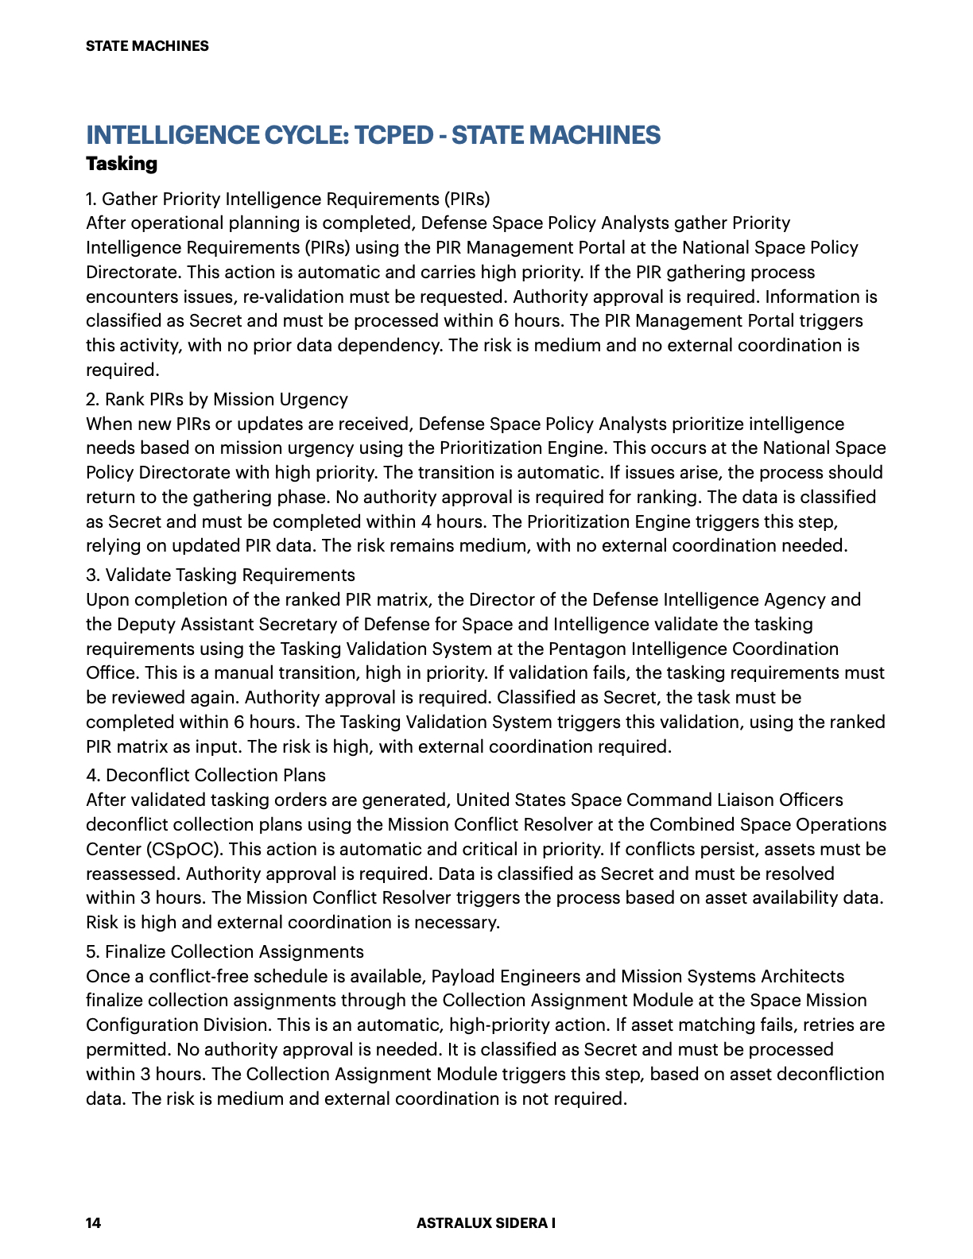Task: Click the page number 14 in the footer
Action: tap(93, 1222)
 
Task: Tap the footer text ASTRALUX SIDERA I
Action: tap(486, 1222)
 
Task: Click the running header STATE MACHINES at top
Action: tap(147, 46)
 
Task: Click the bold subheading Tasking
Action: tap(122, 164)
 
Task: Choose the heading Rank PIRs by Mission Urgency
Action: tap(227, 399)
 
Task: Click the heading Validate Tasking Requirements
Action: tap(231, 575)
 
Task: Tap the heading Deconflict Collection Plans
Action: tap(215, 775)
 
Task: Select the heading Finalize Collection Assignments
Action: tap(235, 951)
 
